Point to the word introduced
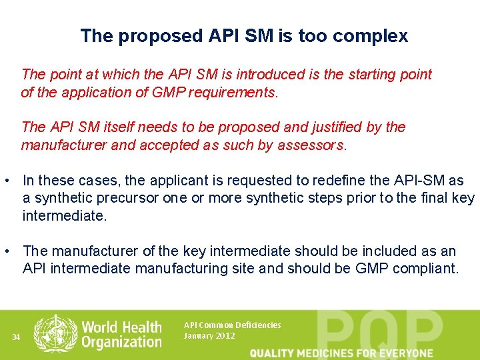(272, 75)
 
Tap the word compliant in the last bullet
(425, 269)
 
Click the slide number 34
(17, 337)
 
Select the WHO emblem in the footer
(55, 333)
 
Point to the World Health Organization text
(121, 334)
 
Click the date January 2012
(209, 336)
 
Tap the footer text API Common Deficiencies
(232, 325)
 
